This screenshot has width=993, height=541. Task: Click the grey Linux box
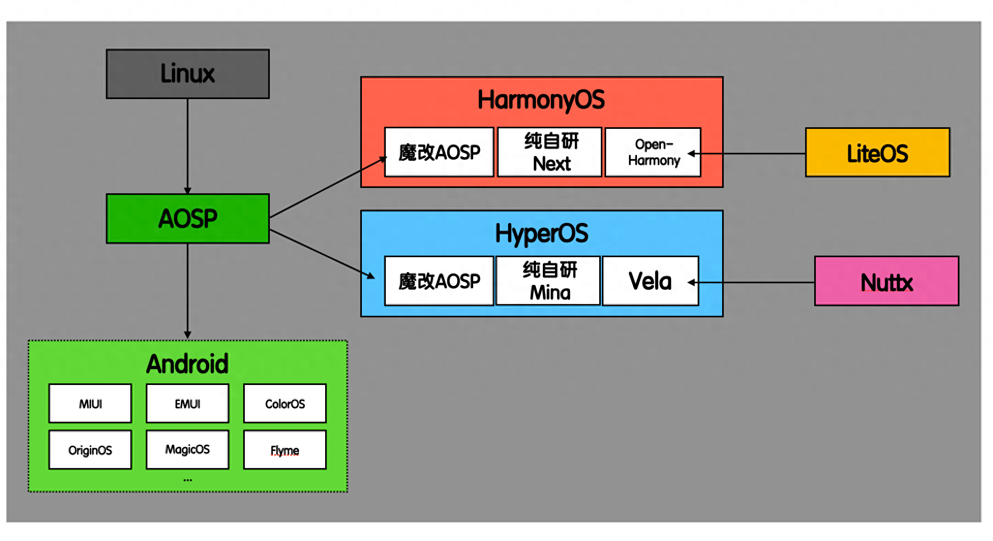[x=188, y=74]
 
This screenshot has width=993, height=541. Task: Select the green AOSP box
[x=188, y=218]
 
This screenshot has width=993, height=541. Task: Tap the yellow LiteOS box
[x=878, y=152]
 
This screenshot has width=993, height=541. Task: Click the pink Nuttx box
[x=887, y=281]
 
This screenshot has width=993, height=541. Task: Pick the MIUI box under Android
[x=90, y=404]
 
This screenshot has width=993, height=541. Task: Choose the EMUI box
[x=187, y=404]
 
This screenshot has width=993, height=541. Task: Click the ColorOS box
[x=285, y=404]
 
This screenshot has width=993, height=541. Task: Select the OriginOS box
[x=90, y=450]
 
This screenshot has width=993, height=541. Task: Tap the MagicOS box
[x=187, y=450]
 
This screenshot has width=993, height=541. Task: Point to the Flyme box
[x=285, y=450]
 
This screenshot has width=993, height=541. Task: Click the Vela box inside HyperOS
[x=650, y=281]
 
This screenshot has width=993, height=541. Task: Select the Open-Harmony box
[x=653, y=152]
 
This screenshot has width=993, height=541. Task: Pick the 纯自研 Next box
[x=550, y=152]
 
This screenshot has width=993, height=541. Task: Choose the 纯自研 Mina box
[x=548, y=281]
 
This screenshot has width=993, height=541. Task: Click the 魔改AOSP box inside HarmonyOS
[x=439, y=152]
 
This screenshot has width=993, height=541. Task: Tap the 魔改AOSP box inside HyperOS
[x=439, y=281]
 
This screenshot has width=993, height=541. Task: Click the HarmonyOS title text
[x=541, y=100]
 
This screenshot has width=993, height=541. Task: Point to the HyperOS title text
[x=542, y=234]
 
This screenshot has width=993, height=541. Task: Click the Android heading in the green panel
[x=187, y=364]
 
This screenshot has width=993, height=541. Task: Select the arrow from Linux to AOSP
[x=187, y=146]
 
